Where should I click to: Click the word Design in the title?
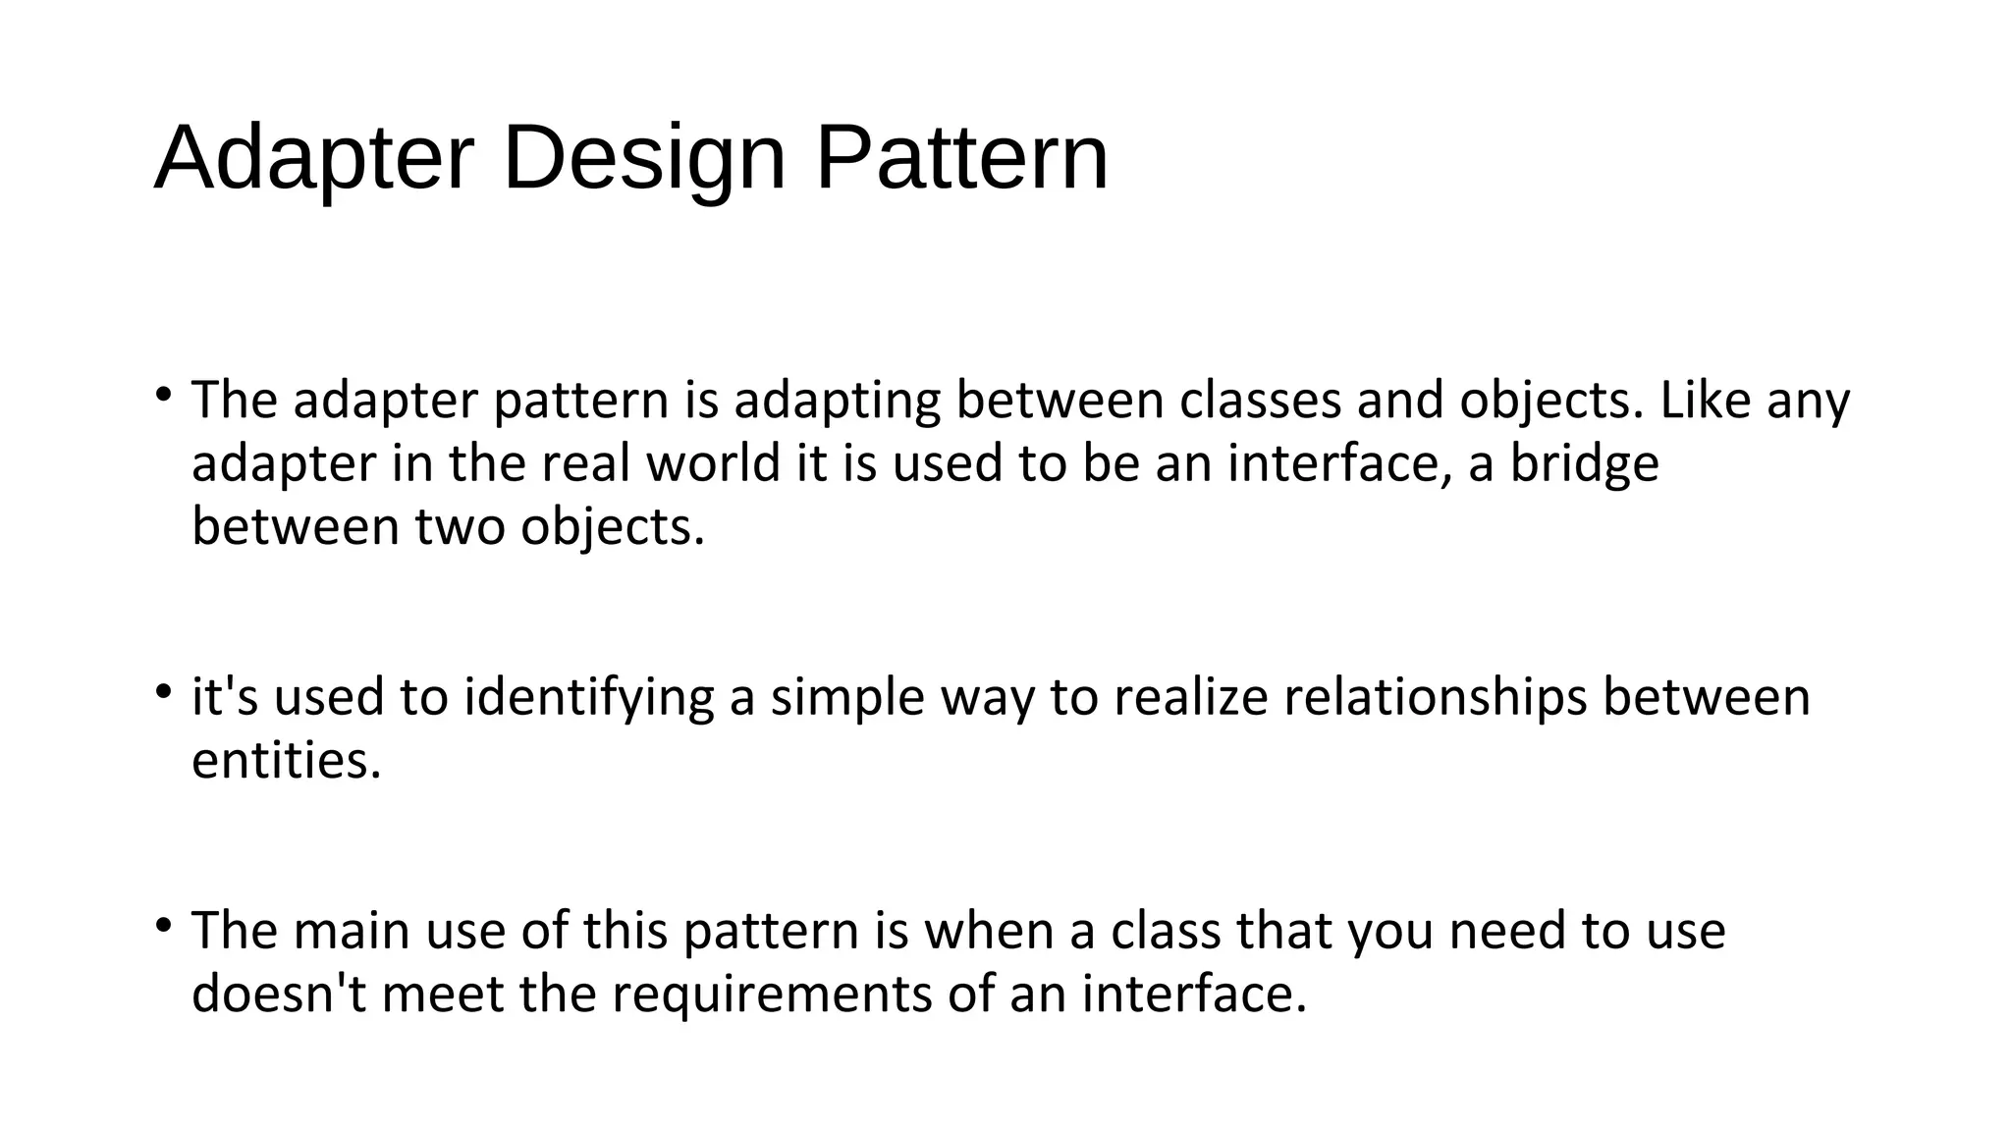644,157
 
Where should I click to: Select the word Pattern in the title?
961,157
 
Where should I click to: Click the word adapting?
837,401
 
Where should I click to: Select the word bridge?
1584,463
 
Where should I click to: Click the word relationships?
1435,697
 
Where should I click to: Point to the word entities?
286,761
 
